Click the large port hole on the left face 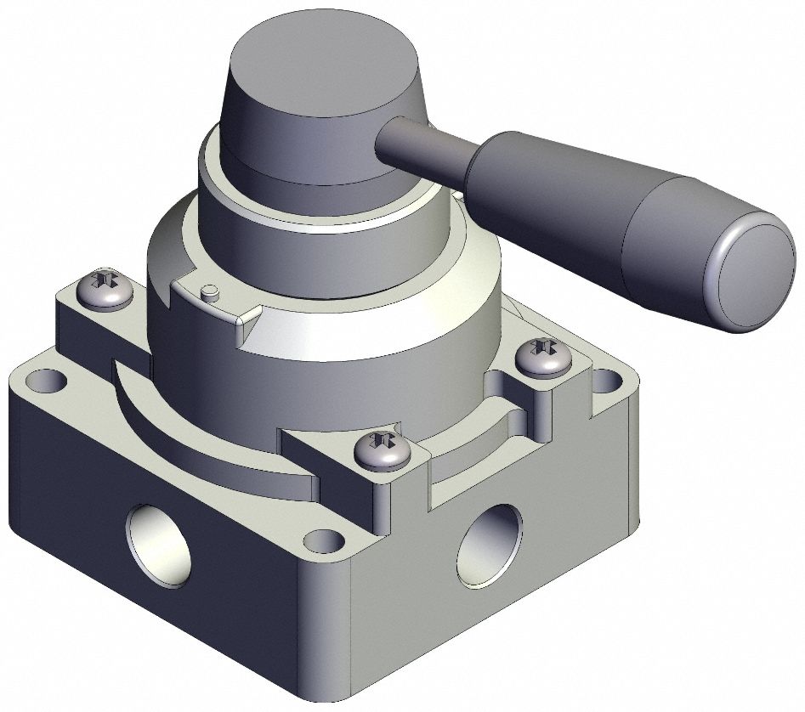coord(159,545)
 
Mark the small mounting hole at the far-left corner coord(38,379)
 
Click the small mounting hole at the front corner coord(320,539)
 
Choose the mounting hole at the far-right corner coord(606,377)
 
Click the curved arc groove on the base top coord(196,442)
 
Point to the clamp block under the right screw coord(553,399)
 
